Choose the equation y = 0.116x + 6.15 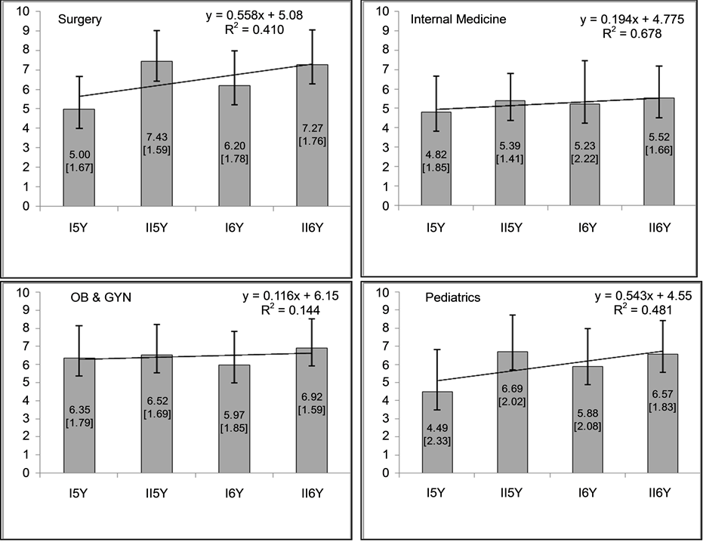(x=288, y=295)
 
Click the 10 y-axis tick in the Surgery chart (x=26, y=11)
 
